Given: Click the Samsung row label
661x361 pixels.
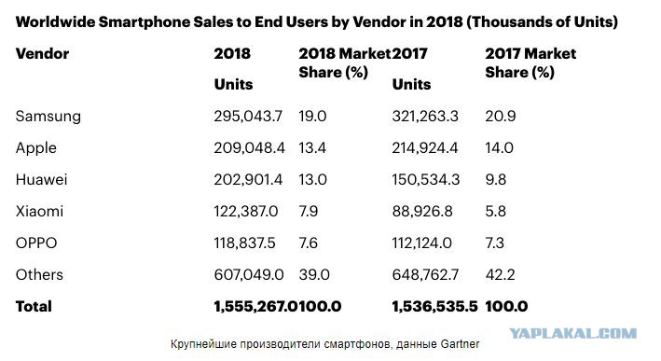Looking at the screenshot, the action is tap(48, 116).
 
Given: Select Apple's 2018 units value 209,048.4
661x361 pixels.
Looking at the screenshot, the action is tap(249, 147).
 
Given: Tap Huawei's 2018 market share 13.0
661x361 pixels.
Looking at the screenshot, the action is tap(313, 180).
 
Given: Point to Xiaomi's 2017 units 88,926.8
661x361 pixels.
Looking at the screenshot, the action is tap(422, 212).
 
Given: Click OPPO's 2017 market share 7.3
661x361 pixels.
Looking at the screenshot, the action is tap(494, 243).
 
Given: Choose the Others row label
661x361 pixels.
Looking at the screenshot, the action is tap(39, 274).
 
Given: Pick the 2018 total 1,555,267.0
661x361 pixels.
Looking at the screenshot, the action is tap(255, 306).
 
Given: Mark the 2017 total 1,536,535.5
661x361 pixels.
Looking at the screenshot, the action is tap(434, 306).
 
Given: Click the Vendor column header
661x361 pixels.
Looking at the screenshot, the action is tap(42, 53).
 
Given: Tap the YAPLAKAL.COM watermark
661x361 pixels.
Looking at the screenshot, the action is tap(573, 334).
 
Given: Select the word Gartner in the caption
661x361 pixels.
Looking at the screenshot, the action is tap(460, 344).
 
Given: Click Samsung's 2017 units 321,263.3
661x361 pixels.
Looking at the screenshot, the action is tap(425, 116).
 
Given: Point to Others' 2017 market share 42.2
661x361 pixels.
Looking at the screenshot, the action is tap(500, 274).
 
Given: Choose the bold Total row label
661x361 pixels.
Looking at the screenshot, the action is tap(34, 306).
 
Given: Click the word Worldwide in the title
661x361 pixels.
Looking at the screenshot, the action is tap(55, 22).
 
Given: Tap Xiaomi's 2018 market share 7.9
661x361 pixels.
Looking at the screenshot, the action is tap(309, 212).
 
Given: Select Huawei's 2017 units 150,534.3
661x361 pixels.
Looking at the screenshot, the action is tap(426, 180).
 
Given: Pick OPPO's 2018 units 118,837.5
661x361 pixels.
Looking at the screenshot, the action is tap(244, 243).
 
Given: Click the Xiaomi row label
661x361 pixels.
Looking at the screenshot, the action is tap(40, 212).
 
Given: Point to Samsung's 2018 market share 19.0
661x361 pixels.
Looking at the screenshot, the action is tap(312, 116).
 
